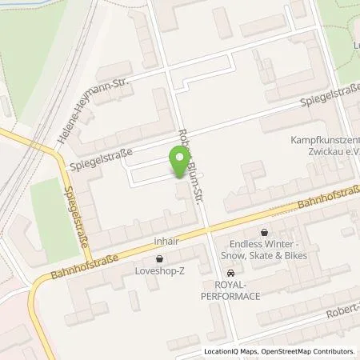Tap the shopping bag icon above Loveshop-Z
160,259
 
